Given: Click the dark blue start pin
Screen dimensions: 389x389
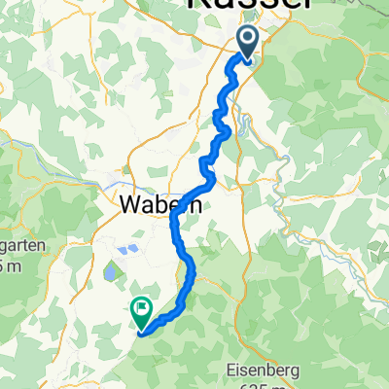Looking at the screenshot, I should pos(248,41).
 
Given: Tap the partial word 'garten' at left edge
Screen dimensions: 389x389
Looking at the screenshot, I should pos(15,247).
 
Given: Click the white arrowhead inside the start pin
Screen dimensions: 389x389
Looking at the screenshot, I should pos(248,39).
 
